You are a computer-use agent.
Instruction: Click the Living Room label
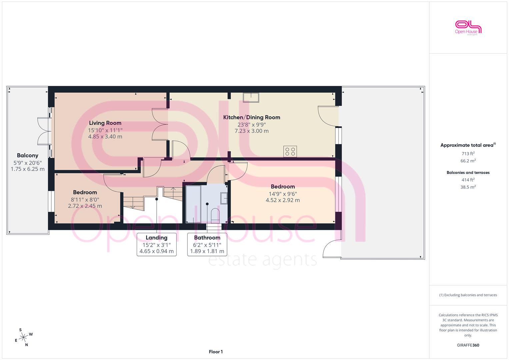pos(105,123)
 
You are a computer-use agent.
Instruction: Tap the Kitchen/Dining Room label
pos(252,117)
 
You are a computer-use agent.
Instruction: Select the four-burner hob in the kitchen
pos(290,151)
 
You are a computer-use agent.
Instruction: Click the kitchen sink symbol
pos(251,97)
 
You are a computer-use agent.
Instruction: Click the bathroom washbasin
pos(224,198)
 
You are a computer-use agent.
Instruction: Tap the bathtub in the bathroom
pos(193,204)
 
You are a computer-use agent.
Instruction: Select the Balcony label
pos(27,155)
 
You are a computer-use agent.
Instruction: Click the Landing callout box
pos(157,245)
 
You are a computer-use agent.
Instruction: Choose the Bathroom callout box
pos(207,245)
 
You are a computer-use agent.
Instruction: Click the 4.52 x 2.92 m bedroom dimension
pos(283,200)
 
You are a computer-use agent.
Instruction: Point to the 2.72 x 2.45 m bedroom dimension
pos(85,206)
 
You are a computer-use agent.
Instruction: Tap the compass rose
pos(24,337)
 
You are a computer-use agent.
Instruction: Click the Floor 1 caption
pos(216,352)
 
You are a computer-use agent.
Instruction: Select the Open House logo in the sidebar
pos(468,28)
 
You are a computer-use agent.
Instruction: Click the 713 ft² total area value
pos(468,154)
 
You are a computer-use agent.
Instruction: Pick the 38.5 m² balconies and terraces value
pos(468,187)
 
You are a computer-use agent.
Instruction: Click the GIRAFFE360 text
pos(468,345)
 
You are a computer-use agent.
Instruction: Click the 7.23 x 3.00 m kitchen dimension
pos(252,131)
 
